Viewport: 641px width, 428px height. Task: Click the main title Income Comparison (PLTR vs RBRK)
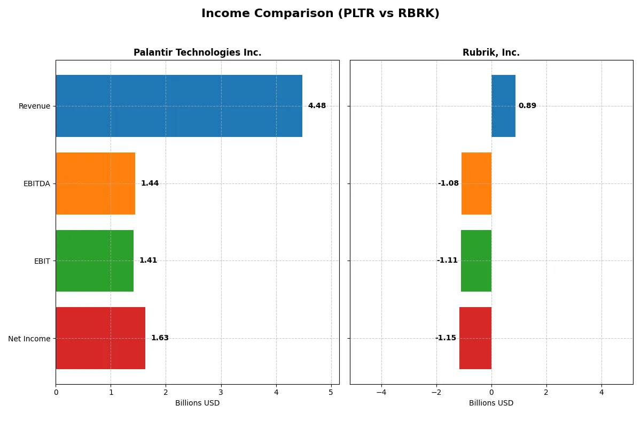(320, 14)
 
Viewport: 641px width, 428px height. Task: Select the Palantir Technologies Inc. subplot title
(197, 52)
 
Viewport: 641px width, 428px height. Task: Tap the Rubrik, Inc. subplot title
(491, 52)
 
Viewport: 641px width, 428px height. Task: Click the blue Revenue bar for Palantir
(179, 106)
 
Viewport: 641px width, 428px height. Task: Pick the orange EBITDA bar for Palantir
(95, 184)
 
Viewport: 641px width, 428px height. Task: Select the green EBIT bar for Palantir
(95, 261)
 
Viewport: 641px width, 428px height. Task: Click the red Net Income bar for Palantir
(100, 338)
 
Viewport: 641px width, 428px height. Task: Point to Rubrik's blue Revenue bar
(503, 106)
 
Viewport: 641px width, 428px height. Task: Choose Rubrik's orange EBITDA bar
(476, 184)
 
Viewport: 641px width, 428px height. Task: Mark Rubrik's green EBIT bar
(476, 261)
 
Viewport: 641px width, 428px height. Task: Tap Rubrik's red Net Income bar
(475, 338)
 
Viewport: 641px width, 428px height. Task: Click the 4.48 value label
(317, 106)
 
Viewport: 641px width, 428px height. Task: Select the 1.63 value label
(160, 338)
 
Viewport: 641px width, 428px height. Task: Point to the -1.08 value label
(448, 184)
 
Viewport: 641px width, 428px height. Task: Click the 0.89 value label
(527, 106)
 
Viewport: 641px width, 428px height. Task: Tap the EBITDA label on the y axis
(36, 184)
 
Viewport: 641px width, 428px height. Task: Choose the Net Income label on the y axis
(29, 338)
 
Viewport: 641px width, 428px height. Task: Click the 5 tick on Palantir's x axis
(331, 392)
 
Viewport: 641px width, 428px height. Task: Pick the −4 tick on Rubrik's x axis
(381, 392)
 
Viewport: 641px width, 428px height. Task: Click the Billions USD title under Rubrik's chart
(491, 403)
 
